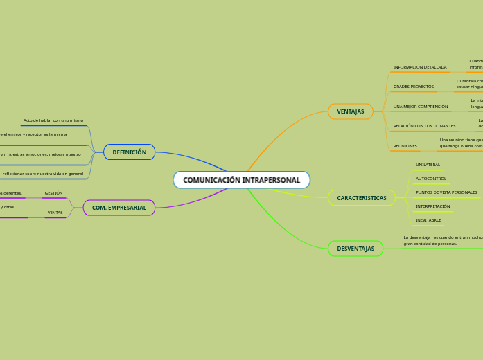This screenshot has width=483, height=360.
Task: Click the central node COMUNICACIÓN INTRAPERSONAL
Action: pos(241,180)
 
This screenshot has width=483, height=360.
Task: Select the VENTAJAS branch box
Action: pos(350,111)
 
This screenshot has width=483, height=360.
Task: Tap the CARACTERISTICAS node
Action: pos(361,198)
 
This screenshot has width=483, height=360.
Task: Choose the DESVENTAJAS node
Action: pos(355,249)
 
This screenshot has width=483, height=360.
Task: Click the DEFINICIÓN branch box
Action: pos(129,152)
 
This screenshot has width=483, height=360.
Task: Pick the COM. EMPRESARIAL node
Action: pos(118,208)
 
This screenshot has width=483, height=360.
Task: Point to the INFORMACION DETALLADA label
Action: pos(419,67)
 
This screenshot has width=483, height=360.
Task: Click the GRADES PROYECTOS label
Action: pos(413,87)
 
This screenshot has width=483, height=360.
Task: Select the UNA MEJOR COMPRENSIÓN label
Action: pos(420,107)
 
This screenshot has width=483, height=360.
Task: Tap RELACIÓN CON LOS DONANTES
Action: pos(424,126)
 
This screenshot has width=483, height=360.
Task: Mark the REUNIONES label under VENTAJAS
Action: pos(405,146)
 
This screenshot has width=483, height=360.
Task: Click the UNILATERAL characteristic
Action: pos(428,165)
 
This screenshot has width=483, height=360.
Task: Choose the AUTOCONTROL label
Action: pos(430,179)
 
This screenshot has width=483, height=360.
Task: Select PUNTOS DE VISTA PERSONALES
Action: pos(446,192)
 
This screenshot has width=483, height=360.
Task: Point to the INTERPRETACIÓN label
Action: pos(432,206)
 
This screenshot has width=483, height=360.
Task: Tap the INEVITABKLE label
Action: pos(428,220)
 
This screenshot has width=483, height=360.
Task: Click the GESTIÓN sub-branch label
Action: pos(53,193)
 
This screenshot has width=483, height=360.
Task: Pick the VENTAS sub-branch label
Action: pos(55,213)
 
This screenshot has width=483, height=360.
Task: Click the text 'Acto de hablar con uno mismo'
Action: pos(53,120)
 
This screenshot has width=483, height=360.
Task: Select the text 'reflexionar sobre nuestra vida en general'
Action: pos(42,174)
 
